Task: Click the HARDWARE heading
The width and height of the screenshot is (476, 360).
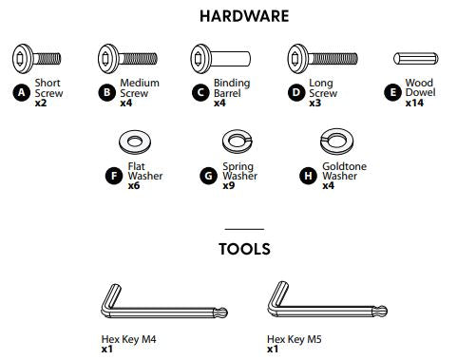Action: pyautogui.click(x=244, y=16)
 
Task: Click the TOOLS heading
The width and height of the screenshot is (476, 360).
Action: pyautogui.click(x=244, y=250)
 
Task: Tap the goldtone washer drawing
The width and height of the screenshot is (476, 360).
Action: pyautogui.click(x=334, y=144)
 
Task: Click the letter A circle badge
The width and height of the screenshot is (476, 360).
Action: pyautogui.click(x=20, y=92)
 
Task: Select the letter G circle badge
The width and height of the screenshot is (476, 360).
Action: pyautogui.click(x=208, y=176)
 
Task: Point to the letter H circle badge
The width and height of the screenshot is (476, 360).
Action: pyautogui.click(x=308, y=176)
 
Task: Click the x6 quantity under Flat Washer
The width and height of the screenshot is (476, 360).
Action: pyautogui.click(x=133, y=185)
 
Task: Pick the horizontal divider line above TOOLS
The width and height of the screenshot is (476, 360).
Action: pyautogui.click(x=244, y=229)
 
